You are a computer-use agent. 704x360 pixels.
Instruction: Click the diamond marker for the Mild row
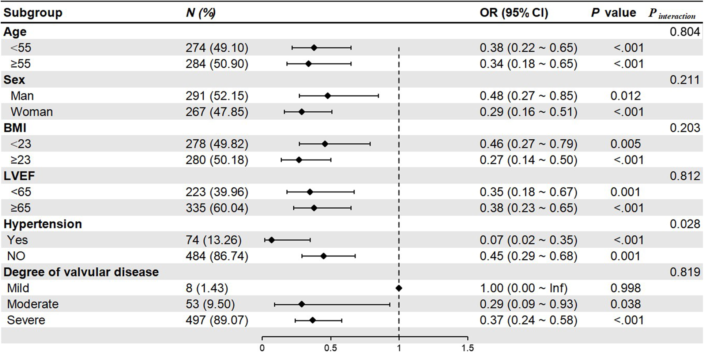pyautogui.click(x=399, y=288)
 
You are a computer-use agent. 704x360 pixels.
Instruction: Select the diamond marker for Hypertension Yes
pyautogui.click(x=271, y=240)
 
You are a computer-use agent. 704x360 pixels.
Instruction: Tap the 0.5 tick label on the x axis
pyautogui.click(x=330, y=348)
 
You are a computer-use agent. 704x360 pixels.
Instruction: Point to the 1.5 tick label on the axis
pyautogui.click(x=467, y=348)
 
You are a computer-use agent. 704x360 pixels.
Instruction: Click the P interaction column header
pyautogui.click(x=672, y=14)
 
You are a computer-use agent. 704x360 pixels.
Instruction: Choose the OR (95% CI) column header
pyautogui.click(x=514, y=13)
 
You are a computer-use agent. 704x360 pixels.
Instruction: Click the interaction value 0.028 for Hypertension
pyautogui.click(x=685, y=224)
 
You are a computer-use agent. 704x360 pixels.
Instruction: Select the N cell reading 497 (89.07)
pyautogui.click(x=217, y=320)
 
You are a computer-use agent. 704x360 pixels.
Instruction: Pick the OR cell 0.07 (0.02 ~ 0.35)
pyautogui.click(x=528, y=240)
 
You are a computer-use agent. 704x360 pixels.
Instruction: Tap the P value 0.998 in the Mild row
pyautogui.click(x=625, y=288)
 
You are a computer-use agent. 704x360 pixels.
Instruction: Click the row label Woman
pyautogui.click(x=31, y=112)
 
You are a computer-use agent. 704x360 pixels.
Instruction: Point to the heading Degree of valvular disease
pyautogui.click(x=81, y=272)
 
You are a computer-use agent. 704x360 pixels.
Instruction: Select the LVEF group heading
pyautogui.click(x=19, y=176)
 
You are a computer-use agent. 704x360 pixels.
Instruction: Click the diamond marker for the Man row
pyautogui.click(x=328, y=96)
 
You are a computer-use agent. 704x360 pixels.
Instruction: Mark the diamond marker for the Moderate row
pyautogui.click(x=301, y=304)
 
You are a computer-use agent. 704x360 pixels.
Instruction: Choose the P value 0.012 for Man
pyautogui.click(x=625, y=96)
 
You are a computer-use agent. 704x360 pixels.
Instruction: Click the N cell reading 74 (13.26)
pyautogui.click(x=213, y=240)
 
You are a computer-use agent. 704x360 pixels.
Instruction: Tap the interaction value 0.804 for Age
pyautogui.click(x=685, y=32)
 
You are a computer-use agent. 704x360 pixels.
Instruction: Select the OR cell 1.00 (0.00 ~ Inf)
pyautogui.click(x=523, y=288)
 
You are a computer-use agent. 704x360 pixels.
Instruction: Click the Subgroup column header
pyautogui.click(x=33, y=13)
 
